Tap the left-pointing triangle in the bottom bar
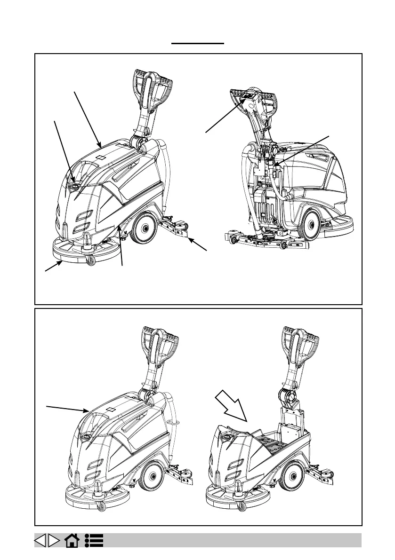pos(41,540)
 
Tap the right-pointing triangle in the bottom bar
pos(55,540)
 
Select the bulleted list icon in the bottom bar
pos(95,540)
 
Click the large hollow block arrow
pos(232,405)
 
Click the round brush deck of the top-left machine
pos(82,249)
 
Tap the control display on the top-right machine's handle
pos(248,98)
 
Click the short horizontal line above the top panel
pos(198,43)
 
